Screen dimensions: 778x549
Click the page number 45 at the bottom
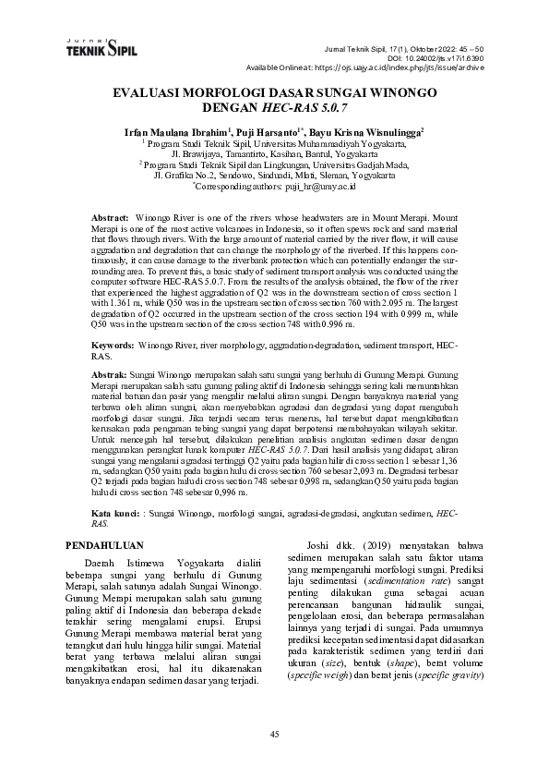coord(274,734)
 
